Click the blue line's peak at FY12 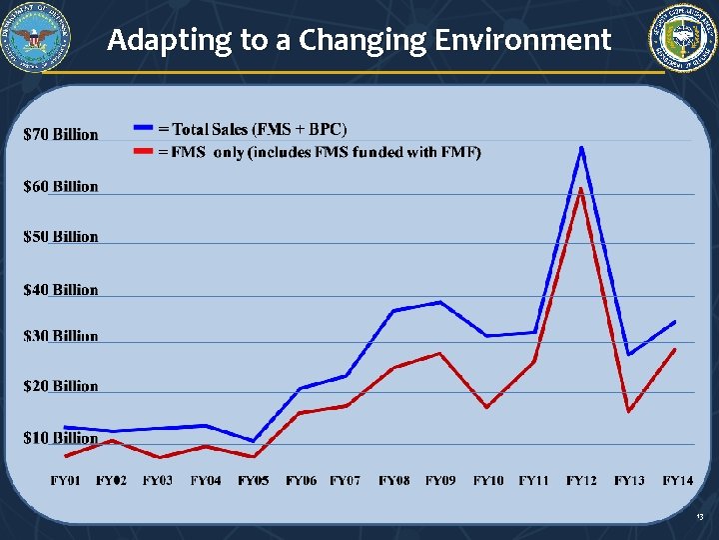pyautogui.click(x=581, y=148)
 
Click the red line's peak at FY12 pyautogui.click(x=581, y=188)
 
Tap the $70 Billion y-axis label pyautogui.click(x=61, y=134)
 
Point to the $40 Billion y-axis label pyautogui.click(x=61, y=290)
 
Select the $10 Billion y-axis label pyautogui.click(x=61, y=438)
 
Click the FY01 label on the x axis pyautogui.click(x=66, y=481)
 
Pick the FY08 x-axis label pyautogui.click(x=393, y=481)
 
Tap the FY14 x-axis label pyautogui.click(x=678, y=481)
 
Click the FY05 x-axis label pyautogui.click(x=253, y=481)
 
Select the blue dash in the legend pyautogui.click(x=144, y=129)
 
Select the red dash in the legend pyautogui.click(x=144, y=152)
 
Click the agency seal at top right pyautogui.click(x=683, y=38)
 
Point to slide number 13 pyautogui.click(x=700, y=517)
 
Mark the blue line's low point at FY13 pyautogui.click(x=628, y=354)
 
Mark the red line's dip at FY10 pyautogui.click(x=487, y=407)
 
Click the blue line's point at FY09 pyautogui.click(x=439, y=302)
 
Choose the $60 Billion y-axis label pyautogui.click(x=61, y=186)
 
